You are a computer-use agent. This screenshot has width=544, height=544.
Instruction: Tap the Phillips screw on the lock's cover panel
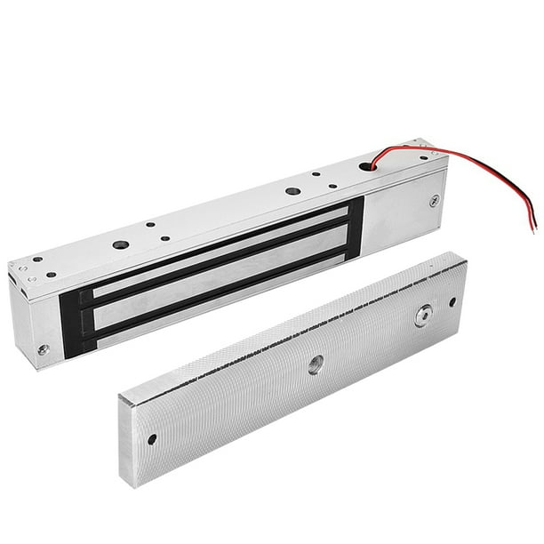pos(434,201)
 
